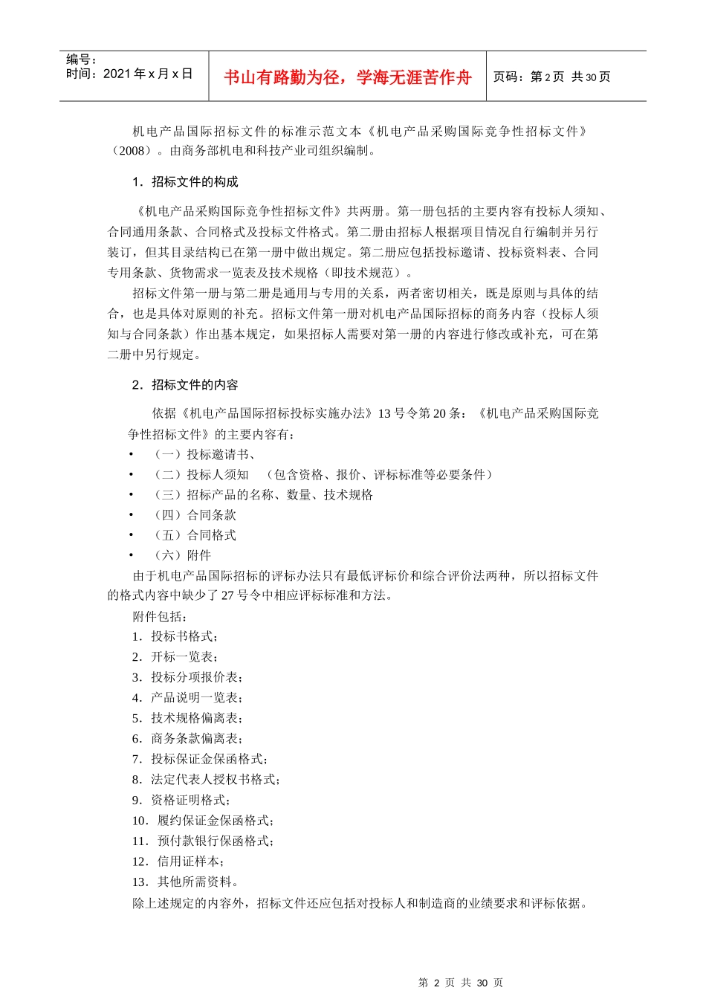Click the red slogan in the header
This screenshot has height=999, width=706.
coord(347,77)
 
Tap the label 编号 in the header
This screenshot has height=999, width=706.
coord(81,59)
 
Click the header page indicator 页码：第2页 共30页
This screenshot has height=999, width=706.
coord(551,77)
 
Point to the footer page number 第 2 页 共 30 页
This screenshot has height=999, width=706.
coord(461,983)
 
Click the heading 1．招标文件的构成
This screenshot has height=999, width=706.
coord(185,182)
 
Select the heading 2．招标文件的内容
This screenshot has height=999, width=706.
coord(185,385)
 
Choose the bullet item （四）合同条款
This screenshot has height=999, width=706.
coord(194,514)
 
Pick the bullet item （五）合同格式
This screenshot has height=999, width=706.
coord(194,534)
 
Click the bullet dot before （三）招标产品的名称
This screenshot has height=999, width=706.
coord(131,494)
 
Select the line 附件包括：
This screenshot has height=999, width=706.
coord(160,616)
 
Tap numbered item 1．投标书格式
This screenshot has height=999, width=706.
coord(175,636)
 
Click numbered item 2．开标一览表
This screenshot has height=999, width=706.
coord(175,657)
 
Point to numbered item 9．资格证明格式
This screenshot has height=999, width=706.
coord(181,800)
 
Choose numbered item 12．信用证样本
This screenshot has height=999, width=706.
coord(178,861)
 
